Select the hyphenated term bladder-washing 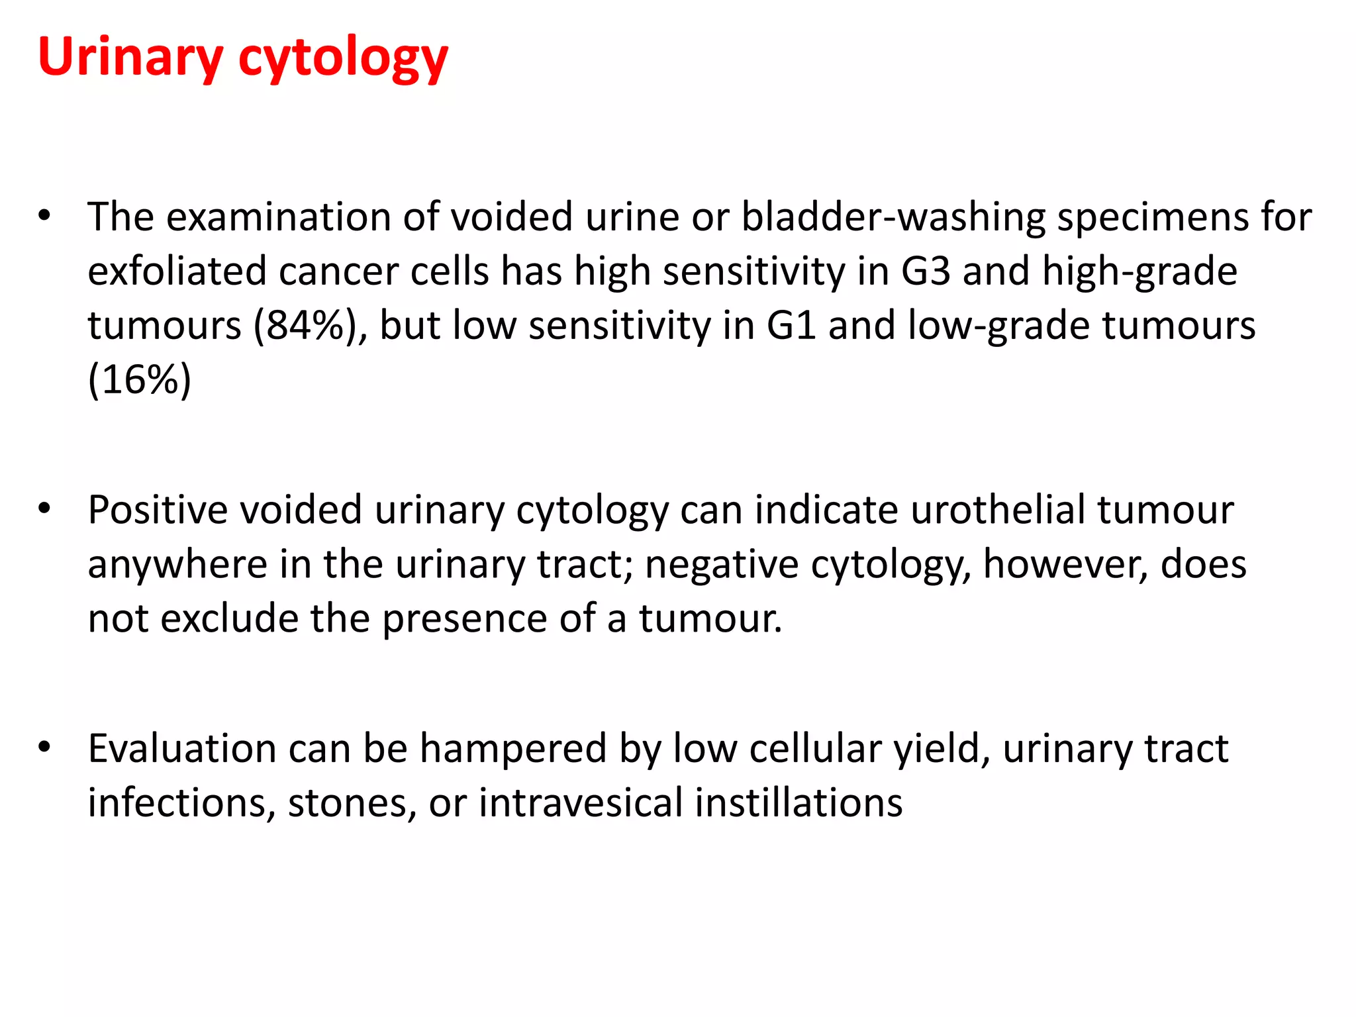(892, 217)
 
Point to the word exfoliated (176, 271)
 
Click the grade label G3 (926, 271)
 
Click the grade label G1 (791, 326)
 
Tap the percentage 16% (140, 380)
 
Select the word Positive (158, 510)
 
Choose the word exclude (230, 619)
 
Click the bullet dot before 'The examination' (44, 215)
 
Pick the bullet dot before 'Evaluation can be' (44, 747)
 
